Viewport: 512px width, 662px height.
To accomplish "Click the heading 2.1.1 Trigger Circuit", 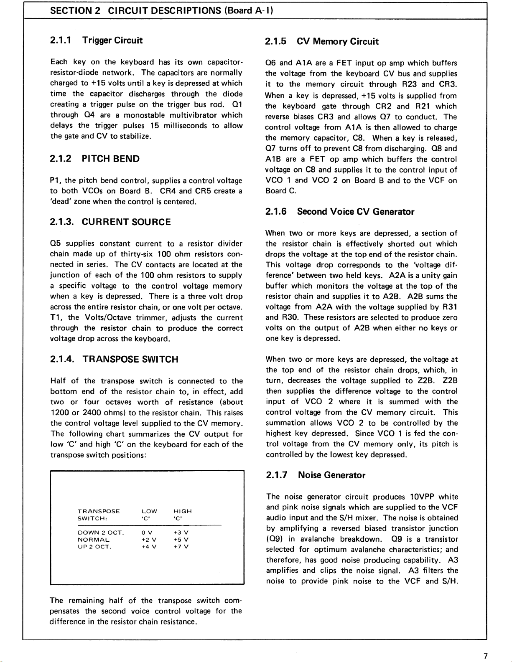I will tap(96, 41).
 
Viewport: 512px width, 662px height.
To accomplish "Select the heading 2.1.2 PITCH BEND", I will tap(95, 159).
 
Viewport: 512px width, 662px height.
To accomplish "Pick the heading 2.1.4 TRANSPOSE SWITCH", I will tap(114, 359).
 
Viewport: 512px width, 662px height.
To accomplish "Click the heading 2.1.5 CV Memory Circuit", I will tap(322, 41).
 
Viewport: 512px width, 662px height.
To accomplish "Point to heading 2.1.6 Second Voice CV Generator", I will tap(340, 212).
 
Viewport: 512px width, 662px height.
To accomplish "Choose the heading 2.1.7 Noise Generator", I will tap(316, 475).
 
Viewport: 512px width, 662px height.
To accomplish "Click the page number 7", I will tap(485, 656).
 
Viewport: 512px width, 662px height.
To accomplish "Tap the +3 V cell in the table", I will tap(181, 533).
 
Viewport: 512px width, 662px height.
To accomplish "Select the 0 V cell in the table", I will tap(147, 533).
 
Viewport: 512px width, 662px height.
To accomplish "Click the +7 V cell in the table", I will tap(181, 547).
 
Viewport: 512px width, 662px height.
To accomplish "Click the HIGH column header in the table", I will tap(182, 511).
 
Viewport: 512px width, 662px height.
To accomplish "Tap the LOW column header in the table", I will tap(149, 511).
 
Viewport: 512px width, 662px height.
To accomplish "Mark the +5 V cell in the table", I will tap(181, 540).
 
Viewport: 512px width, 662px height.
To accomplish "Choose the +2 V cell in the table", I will tap(147, 540).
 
